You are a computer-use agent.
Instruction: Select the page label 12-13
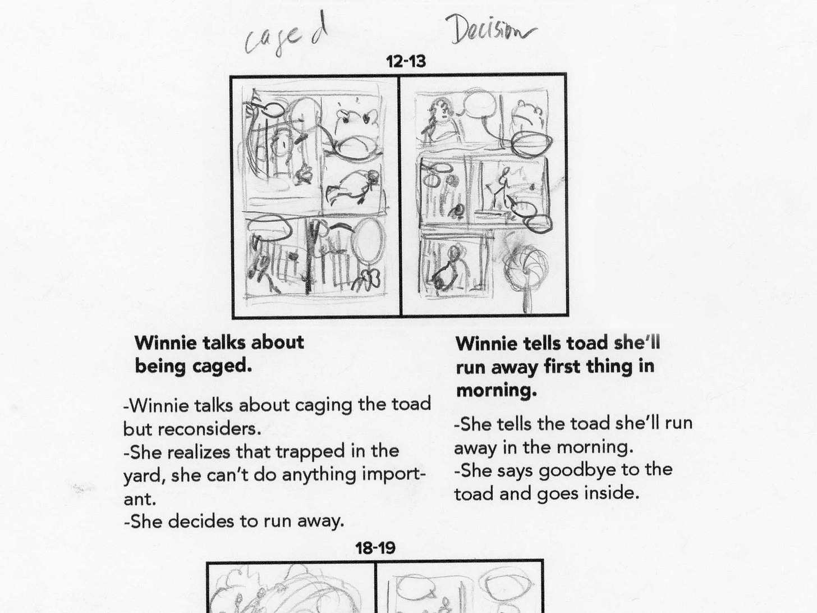[x=406, y=62]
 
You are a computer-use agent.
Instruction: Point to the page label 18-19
[x=375, y=548]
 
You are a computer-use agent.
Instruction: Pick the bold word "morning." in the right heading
[x=497, y=391]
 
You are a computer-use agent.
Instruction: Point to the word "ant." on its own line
[x=140, y=500]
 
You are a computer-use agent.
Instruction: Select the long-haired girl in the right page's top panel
[x=439, y=120]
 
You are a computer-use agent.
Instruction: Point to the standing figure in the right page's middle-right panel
[x=501, y=189]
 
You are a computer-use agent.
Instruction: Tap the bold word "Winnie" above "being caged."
[x=166, y=343]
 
